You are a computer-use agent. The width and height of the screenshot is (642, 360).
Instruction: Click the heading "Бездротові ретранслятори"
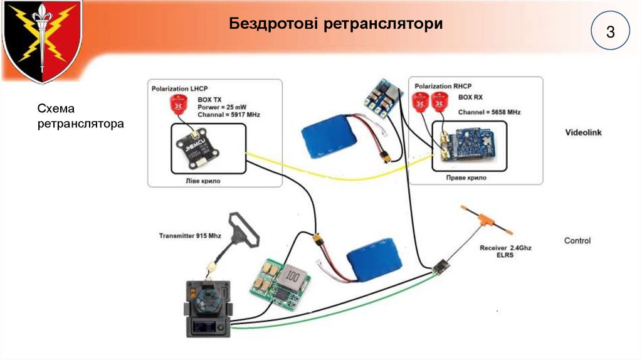[336, 24]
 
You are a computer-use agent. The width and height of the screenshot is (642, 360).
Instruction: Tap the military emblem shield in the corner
[41, 41]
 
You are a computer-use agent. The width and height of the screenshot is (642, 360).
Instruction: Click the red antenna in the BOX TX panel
[178, 107]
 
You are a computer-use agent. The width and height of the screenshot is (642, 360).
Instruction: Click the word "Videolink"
[583, 133]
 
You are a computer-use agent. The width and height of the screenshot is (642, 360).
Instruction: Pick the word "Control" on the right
[577, 240]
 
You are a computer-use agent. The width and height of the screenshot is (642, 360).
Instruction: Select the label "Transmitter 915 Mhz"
[190, 236]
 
